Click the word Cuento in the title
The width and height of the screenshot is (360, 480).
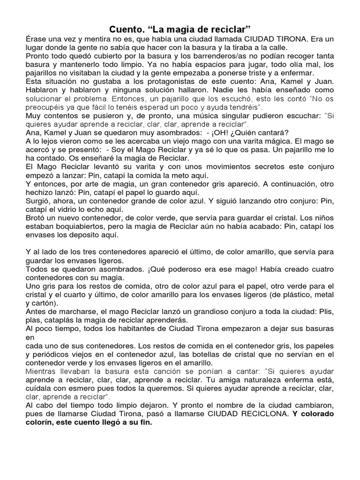(x=125, y=29)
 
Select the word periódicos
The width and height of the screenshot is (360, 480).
(x=54, y=354)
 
